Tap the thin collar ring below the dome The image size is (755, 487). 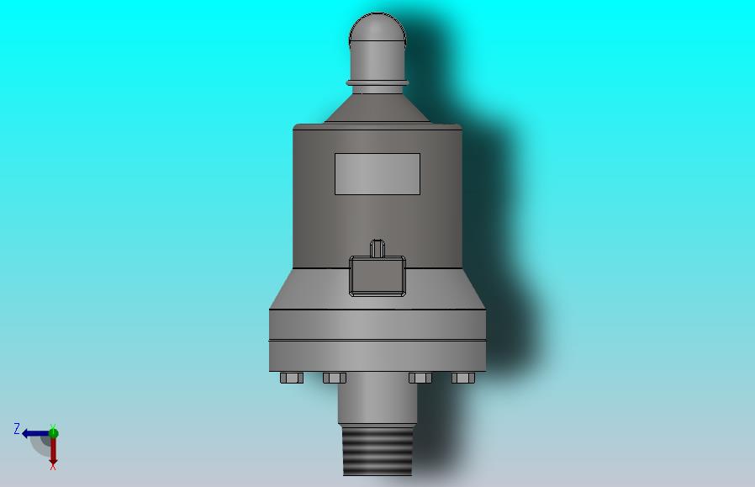click(x=377, y=83)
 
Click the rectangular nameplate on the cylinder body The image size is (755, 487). click(x=377, y=174)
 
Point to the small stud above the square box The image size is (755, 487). click(x=377, y=247)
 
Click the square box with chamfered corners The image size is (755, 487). click(x=377, y=276)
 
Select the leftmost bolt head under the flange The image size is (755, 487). click(x=291, y=378)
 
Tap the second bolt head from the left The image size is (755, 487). click(x=334, y=378)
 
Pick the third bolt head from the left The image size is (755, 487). click(x=420, y=378)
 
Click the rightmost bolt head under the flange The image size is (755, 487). click(x=463, y=378)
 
